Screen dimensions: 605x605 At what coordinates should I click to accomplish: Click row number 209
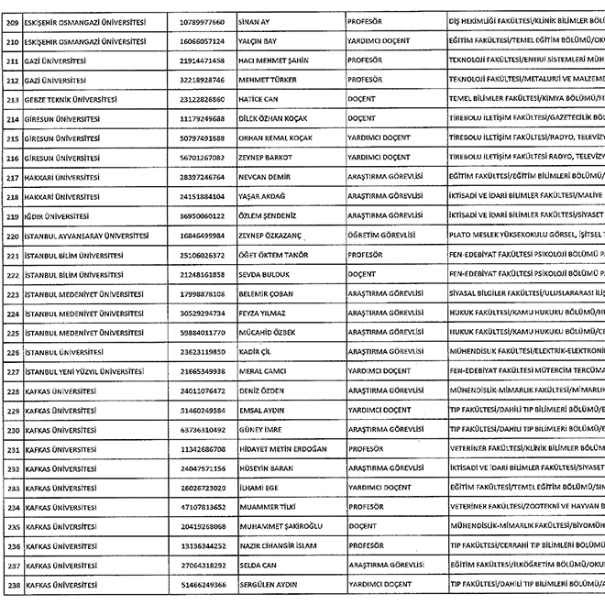(13, 18)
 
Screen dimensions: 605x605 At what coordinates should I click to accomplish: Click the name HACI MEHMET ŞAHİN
(275, 60)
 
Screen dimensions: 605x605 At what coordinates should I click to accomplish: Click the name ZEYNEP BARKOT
(266, 157)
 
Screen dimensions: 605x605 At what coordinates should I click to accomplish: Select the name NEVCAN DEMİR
(266, 176)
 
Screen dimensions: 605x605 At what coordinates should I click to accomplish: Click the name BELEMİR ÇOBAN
(267, 293)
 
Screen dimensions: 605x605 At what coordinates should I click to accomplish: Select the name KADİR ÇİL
(256, 351)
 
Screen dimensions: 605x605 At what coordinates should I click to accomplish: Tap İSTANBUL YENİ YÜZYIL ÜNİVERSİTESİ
(84, 370)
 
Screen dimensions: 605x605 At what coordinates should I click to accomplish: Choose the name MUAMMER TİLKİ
(269, 506)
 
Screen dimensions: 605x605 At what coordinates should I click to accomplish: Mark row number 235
(13, 526)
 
